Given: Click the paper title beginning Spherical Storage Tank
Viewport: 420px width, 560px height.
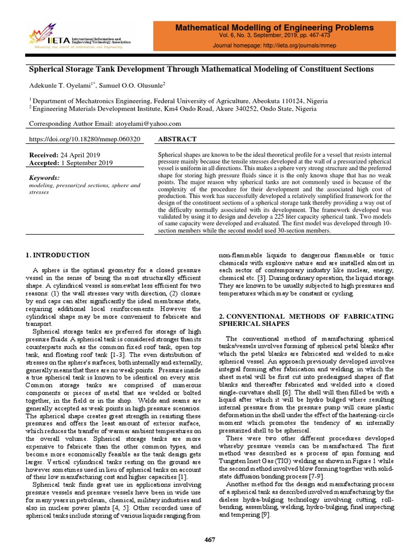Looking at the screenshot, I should pos(201,69).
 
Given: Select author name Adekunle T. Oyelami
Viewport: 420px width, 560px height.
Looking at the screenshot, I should pos(61,85).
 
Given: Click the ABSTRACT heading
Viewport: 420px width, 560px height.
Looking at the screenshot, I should pos(174,140).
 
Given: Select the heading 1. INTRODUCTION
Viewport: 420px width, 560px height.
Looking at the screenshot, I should pos(58,255).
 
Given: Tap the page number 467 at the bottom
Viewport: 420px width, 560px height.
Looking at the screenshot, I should pos(209,540).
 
